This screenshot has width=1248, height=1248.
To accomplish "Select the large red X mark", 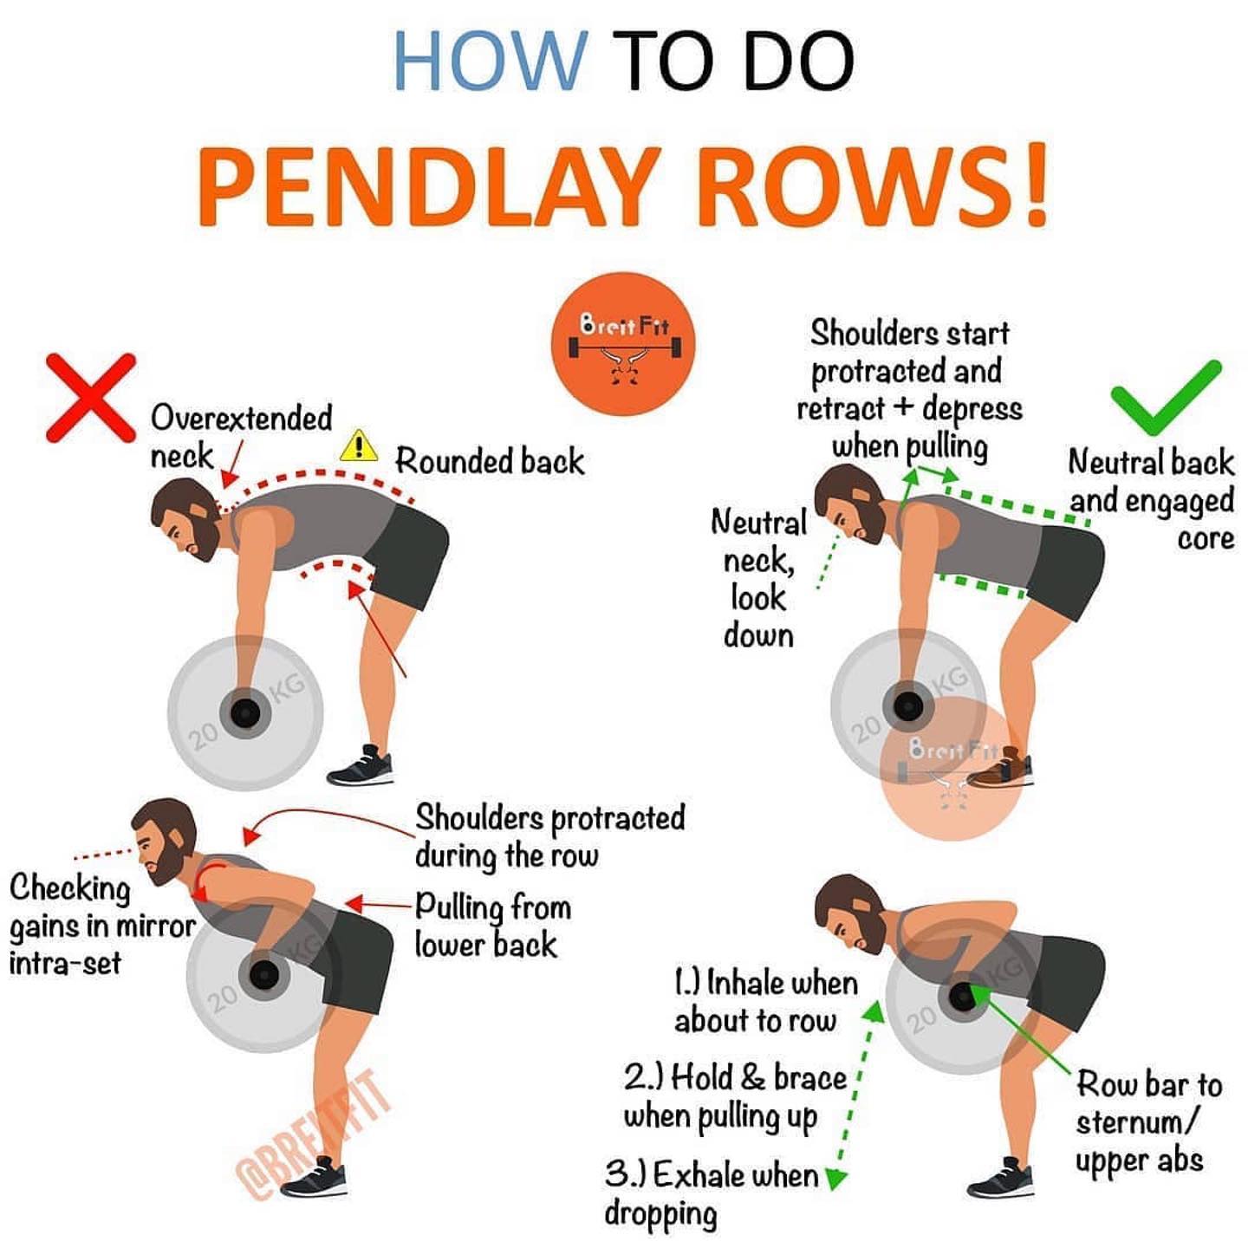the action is [x=91, y=398].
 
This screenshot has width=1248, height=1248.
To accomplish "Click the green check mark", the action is [x=1166, y=399].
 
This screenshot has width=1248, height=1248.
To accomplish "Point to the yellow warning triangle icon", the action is [x=359, y=445].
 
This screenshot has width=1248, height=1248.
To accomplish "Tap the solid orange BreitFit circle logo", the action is [x=622, y=343].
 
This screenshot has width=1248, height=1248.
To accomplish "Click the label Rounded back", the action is [x=490, y=461].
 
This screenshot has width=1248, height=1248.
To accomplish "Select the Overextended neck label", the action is [x=241, y=437].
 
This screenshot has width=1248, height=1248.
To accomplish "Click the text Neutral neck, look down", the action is [x=759, y=578].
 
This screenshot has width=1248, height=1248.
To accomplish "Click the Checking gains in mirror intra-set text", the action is [x=101, y=926].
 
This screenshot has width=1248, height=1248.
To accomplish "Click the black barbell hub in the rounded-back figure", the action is [x=244, y=713].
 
